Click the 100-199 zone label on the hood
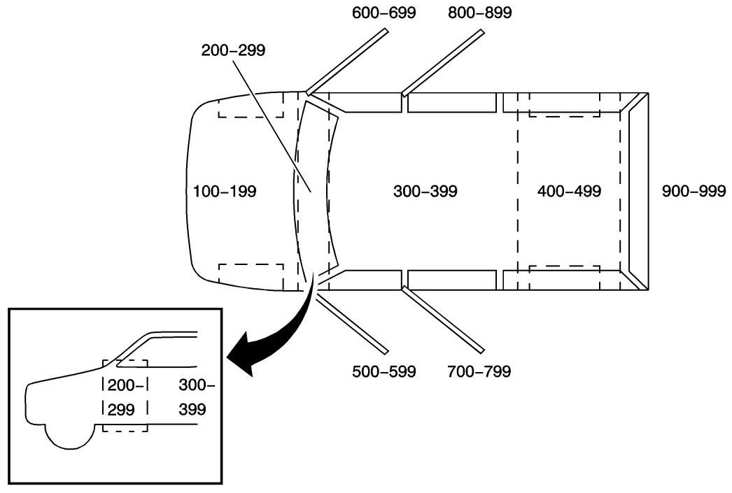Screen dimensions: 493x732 click(x=225, y=191)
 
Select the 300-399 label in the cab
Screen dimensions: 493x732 click(x=425, y=191)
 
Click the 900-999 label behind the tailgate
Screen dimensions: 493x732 click(x=693, y=191)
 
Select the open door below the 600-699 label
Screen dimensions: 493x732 click(x=349, y=61)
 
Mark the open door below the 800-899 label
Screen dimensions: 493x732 click(x=444, y=61)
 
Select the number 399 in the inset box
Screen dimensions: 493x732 click(x=192, y=408)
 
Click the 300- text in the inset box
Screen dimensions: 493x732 click(x=197, y=384)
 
